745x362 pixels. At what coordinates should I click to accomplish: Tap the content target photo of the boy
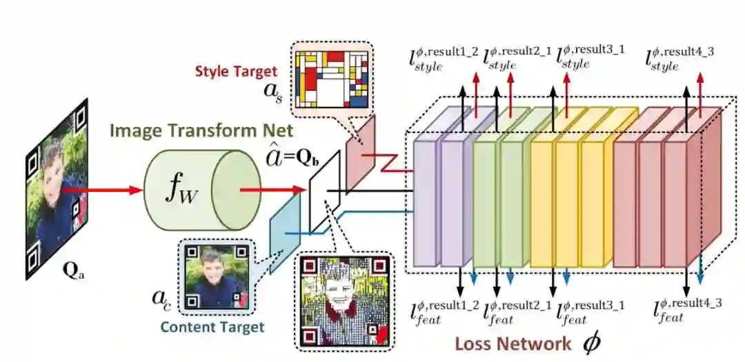click(216, 274)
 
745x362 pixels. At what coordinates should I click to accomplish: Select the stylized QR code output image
click(344, 301)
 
